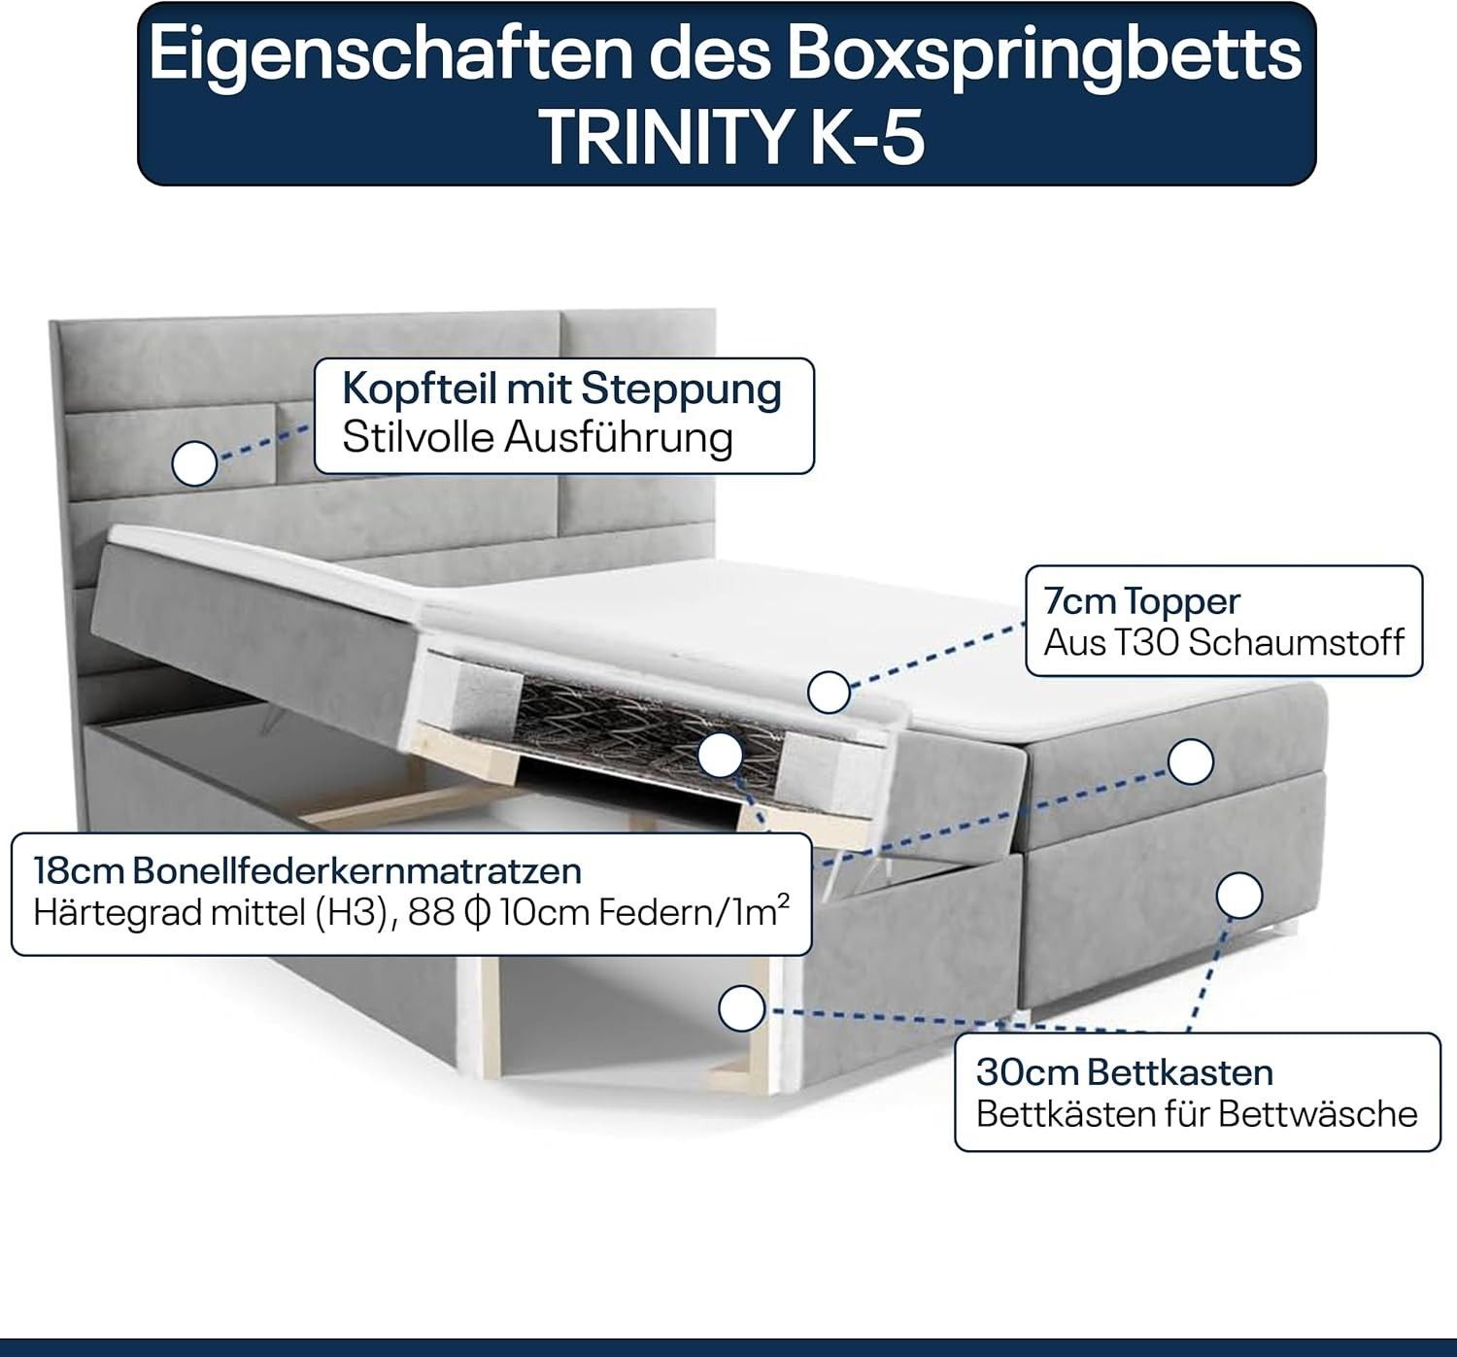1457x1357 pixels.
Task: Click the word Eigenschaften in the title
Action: coord(391,55)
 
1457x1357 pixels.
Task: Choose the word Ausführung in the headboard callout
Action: coord(619,438)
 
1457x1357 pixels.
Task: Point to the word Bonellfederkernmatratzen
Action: coord(357,871)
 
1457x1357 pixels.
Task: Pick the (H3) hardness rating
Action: coord(357,914)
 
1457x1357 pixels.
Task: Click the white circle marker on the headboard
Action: coord(194,464)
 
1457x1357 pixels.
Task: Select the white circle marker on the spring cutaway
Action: coord(721,755)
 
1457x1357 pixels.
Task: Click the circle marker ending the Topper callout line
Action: coord(829,692)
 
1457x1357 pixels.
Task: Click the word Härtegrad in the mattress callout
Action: coord(110,914)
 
